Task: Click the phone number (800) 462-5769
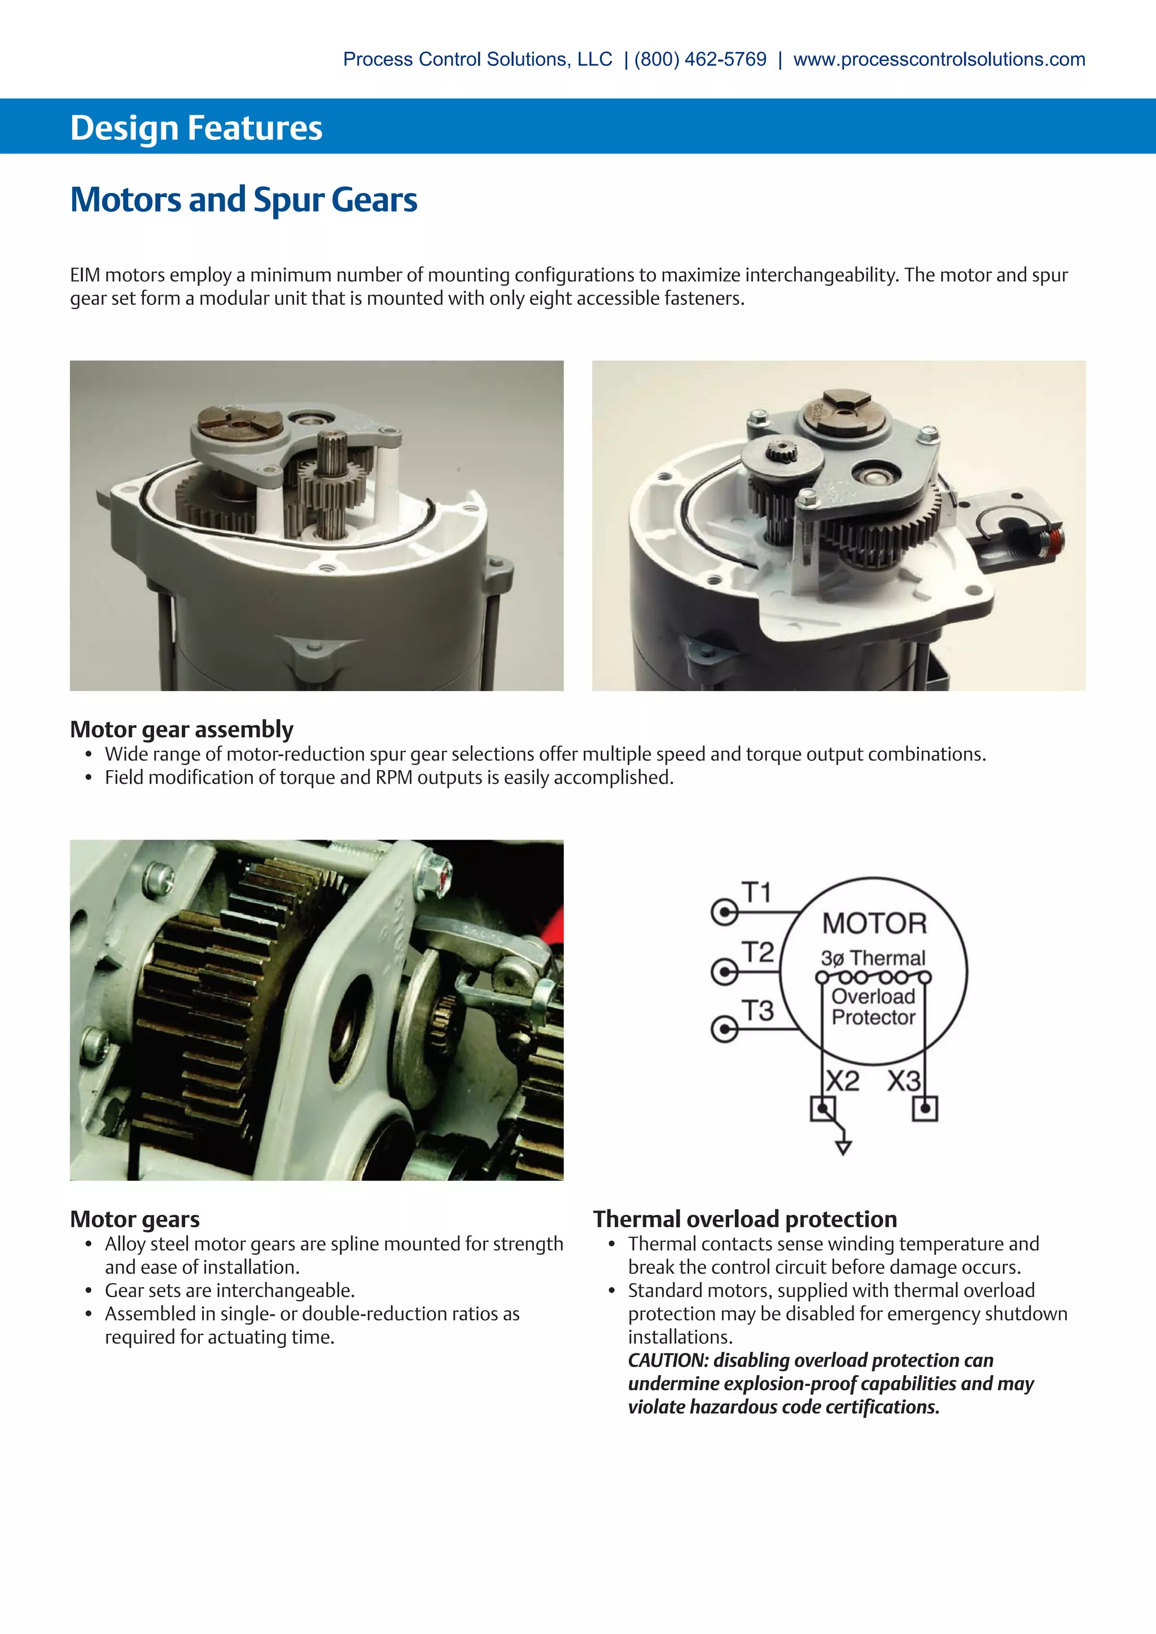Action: [700, 59]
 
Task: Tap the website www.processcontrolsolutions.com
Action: [939, 59]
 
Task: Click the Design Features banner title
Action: [196, 128]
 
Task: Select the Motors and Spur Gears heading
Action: [243, 199]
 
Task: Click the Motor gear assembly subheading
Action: [182, 730]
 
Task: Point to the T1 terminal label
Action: [757, 891]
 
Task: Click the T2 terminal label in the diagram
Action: [757, 951]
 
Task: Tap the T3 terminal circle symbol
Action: [725, 1029]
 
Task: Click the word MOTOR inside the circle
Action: [874, 924]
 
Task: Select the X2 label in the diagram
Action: [843, 1081]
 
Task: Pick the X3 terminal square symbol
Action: [925, 1109]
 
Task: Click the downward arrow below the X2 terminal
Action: [843, 1147]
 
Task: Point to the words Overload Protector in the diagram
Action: [873, 1007]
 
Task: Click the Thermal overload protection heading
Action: [745, 1219]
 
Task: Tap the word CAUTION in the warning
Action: [668, 1360]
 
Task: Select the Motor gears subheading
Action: [134, 1219]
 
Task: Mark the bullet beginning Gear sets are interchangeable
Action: [229, 1290]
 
